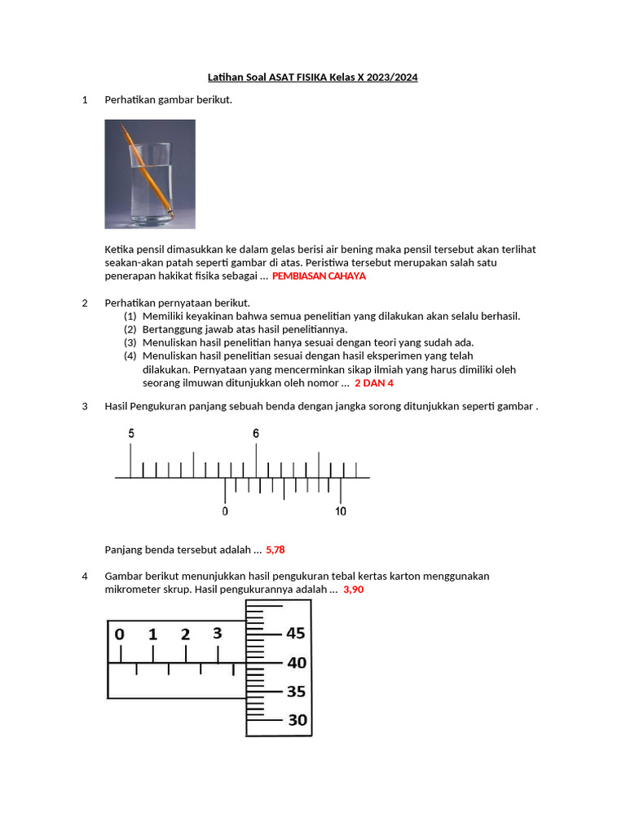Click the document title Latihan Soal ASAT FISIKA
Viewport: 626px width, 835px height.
(x=313, y=77)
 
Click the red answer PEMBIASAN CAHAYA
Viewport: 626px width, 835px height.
(x=319, y=276)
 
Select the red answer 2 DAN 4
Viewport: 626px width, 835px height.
(x=374, y=382)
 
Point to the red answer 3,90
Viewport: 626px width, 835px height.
(x=353, y=590)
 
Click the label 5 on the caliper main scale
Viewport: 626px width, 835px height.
(x=130, y=434)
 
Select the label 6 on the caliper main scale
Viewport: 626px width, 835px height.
(x=256, y=434)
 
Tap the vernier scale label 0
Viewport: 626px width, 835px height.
(x=226, y=511)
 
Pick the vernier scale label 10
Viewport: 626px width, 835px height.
(x=341, y=511)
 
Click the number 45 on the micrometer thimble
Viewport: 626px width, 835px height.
(x=295, y=633)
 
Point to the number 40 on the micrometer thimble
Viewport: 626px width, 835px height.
(x=295, y=663)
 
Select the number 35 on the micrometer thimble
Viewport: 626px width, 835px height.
(x=295, y=691)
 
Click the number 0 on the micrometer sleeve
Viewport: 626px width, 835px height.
(x=120, y=634)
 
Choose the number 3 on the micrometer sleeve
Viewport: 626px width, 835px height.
(x=217, y=634)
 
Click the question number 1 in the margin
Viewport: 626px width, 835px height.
(x=85, y=100)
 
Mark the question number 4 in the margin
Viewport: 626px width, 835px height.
(x=85, y=577)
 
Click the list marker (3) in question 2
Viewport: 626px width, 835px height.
(x=130, y=342)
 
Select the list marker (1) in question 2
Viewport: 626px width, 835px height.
(x=130, y=316)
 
